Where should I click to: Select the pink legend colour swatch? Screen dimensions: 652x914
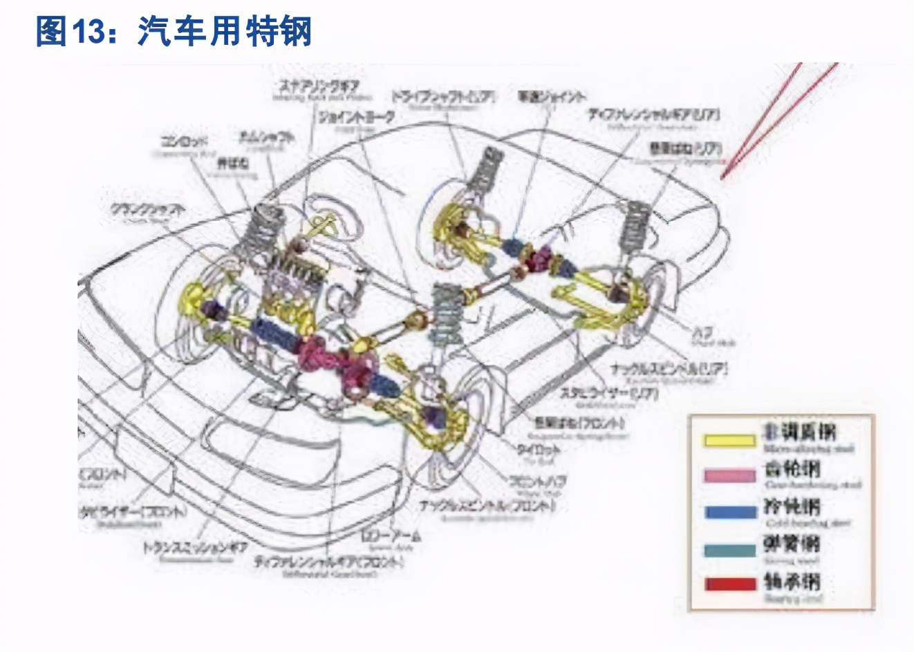pyautogui.click(x=729, y=476)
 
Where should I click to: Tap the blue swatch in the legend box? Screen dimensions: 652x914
pyautogui.click(x=729, y=512)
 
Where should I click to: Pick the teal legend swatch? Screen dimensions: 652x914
pyautogui.click(x=729, y=550)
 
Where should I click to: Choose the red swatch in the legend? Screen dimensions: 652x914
pyautogui.click(x=729, y=584)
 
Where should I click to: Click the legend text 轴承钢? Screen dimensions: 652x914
pyautogui.click(x=792, y=582)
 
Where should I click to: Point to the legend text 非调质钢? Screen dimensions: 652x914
pyautogui.click(x=799, y=433)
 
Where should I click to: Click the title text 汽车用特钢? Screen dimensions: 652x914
pyautogui.click(x=225, y=32)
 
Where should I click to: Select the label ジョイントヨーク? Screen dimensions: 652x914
pyautogui.click(x=356, y=117)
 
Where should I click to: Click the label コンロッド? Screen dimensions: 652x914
pyautogui.click(x=184, y=142)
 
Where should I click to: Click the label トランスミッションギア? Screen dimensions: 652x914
pyautogui.click(x=196, y=548)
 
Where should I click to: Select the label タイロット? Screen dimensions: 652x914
pyautogui.click(x=539, y=449)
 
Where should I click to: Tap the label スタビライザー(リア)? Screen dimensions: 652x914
pyautogui.click(x=608, y=393)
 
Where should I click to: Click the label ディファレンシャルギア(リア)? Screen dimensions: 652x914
pyautogui.click(x=653, y=115)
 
